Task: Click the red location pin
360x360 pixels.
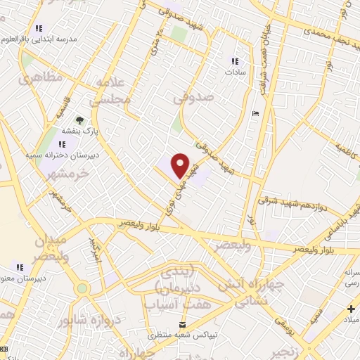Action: tap(181, 165)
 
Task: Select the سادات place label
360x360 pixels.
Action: tap(234, 72)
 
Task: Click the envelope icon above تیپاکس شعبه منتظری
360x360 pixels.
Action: tap(183, 325)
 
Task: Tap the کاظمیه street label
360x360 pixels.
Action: tap(347, 148)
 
